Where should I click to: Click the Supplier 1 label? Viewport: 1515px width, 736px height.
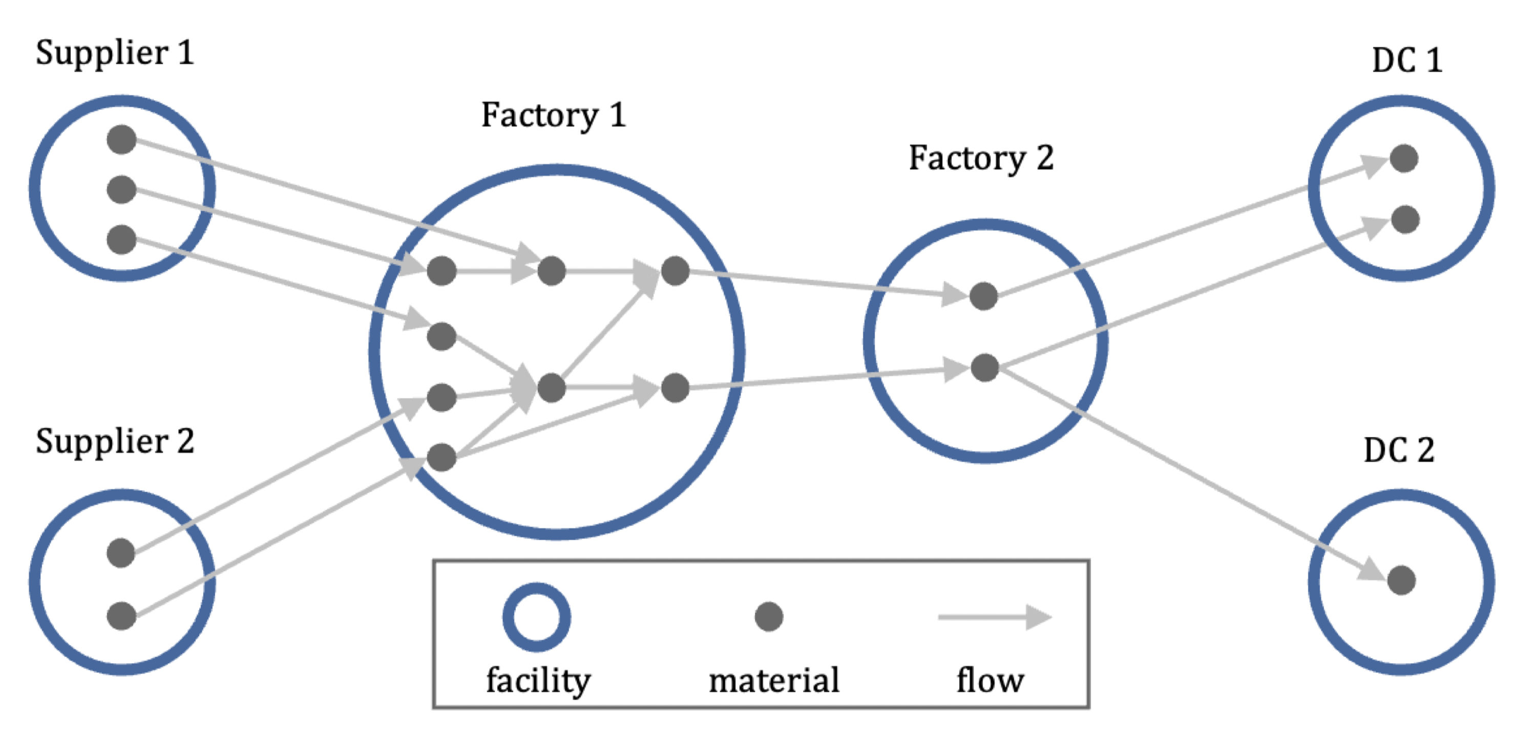pyautogui.click(x=115, y=53)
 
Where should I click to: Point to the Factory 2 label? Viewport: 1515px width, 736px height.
pyautogui.click(x=981, y=158)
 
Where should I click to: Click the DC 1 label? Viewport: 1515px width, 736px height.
pyautogui.click(x=1407, y=60)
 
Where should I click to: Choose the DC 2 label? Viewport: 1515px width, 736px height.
pyautogui.click(x=1399, y=451)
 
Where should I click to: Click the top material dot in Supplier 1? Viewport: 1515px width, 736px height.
pyautogui.click(x=122, y=140)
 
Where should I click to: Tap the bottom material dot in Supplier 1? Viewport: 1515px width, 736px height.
pyautogui.click(x=122, y=239)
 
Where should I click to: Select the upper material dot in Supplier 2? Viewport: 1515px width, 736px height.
pyautogui.click(x=121, y=553)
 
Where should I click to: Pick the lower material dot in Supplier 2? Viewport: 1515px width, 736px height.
pyautogui.click(x=122, y=616)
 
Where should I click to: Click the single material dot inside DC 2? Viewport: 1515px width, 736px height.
pyautogui.click(x=1401, y=580)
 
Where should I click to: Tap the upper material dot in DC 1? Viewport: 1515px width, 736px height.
pyautogui.click(x=1404, y=158)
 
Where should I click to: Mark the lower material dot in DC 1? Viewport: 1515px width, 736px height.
pyautogui.click(x=1405, y=219)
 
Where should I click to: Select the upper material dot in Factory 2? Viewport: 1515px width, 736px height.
pyautogui.click(x=983, y=296)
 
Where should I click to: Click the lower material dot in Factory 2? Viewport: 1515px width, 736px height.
pyautogui.click(x=984, y=367)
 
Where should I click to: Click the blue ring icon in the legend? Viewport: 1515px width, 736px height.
pyautogui.click(x=536, y=617)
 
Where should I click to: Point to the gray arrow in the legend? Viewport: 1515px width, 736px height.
pyautogui.click(x=994, y=617)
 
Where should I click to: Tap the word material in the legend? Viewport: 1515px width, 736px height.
pyautogui.click(x=774, y=681)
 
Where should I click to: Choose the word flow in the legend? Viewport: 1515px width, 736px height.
pyautogui.click(x=991, y=681)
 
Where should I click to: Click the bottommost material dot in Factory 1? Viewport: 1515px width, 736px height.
pyautogui.click(x=441, y=458)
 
